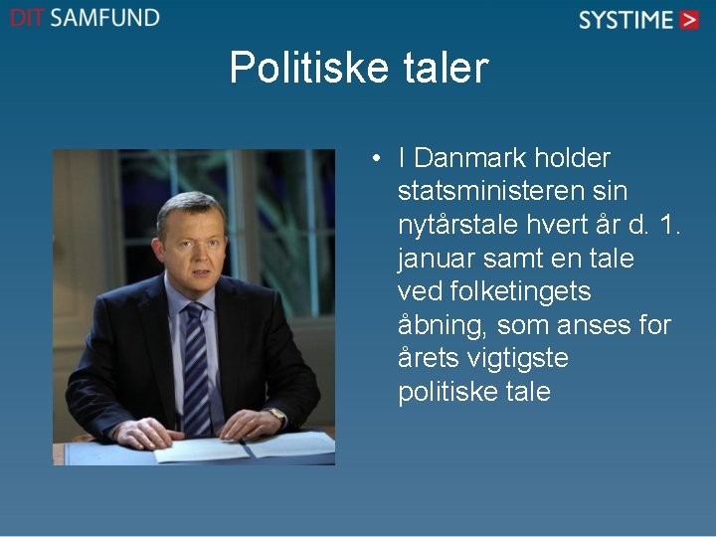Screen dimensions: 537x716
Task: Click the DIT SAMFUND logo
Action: click(x=85, y=18)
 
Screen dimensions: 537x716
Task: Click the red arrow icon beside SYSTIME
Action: click(x=690, y=20)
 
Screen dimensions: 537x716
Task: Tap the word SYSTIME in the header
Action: click(x=626, y=20)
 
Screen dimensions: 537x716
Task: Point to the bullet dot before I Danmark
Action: click(x=379, y=158)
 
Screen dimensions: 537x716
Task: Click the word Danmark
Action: click(x=470, y=158)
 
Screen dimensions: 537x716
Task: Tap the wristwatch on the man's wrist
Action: click(x=276, y=416)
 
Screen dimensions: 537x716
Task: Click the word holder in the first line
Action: click(x=572, y=158)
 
